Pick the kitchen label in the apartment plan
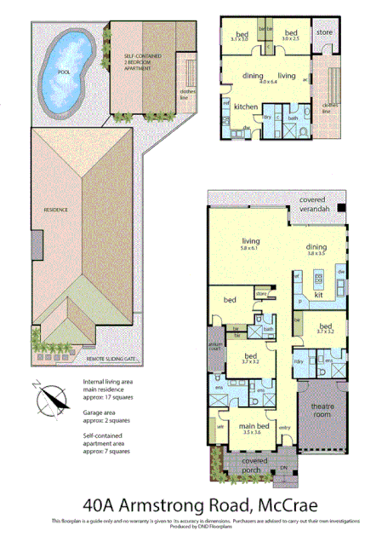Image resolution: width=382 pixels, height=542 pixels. pyautogui.click(x=246, y=107)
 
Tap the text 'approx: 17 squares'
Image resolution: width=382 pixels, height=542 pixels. pyautogui.click(x=110, y=396)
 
